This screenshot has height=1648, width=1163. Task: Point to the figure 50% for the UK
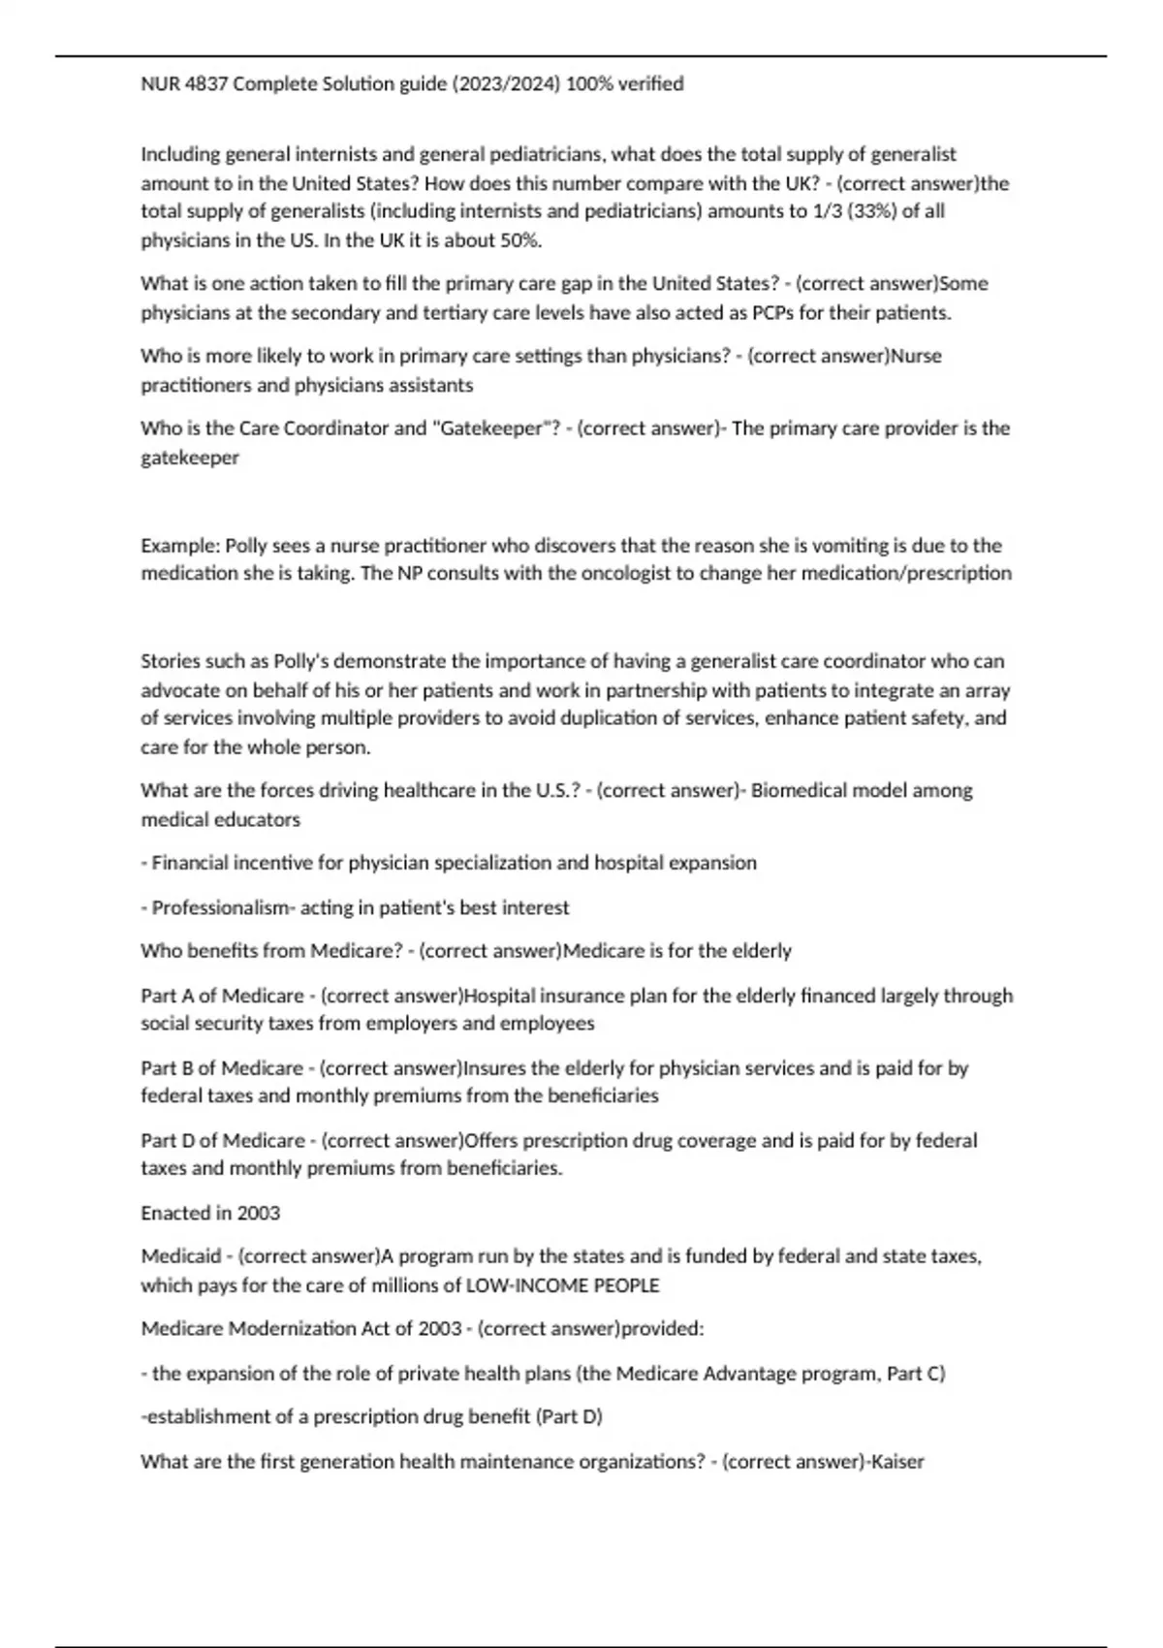(519, 240)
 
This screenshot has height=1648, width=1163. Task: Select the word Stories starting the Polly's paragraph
(170, 661)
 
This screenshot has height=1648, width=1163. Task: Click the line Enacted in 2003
(210, 1213)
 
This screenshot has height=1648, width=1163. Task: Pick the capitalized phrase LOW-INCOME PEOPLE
(563, 1285)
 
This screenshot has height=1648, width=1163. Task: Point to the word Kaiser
(897, 1461)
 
